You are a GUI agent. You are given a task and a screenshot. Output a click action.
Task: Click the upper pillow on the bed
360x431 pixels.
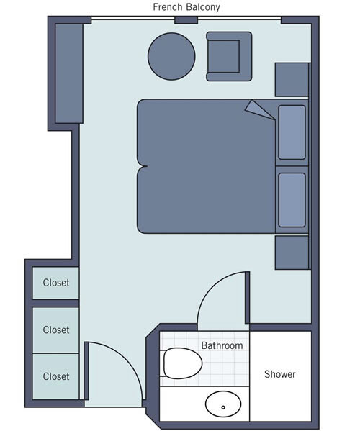coord(291,132)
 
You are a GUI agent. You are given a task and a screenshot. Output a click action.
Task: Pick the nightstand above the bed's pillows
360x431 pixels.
coord(292,79)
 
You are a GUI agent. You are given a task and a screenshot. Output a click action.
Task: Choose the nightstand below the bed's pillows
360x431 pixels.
coord(292,253)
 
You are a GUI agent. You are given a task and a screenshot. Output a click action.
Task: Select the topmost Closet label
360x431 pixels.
coord(56,283)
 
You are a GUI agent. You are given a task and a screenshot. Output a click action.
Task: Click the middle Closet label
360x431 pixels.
coord(56,330)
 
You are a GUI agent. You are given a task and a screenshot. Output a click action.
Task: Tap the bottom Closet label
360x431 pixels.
coord(56,376)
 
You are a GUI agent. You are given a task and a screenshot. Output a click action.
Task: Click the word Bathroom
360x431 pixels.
coord(222,345)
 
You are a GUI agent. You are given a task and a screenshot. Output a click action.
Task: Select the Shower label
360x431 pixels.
coord(279,374)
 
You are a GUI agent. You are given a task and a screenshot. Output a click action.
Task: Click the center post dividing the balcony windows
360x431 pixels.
coord(186,19)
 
